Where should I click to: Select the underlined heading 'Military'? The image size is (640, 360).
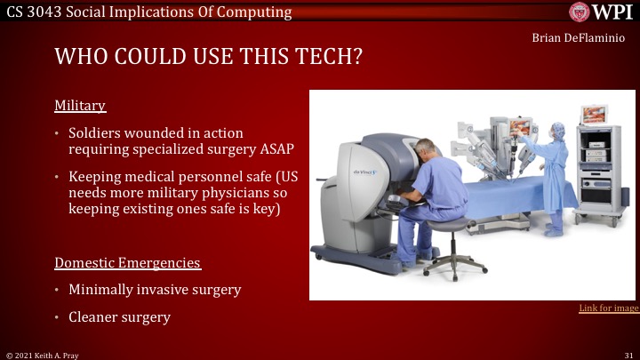pyautogui.click(x=80, y=106)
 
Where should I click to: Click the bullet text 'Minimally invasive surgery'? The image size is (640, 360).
pyautogui.click(x=155, y=290)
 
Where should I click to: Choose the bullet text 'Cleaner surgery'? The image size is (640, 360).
pyautogui.click(x=119, y=316)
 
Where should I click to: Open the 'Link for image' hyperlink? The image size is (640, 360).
pyautogui.click(x=608, y=308)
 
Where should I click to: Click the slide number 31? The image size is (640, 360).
pyautogui.click(x=628, y=354)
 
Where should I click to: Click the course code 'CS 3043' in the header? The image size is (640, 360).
pyautogui.click(x=36, y=11)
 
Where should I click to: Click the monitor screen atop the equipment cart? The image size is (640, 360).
pyautogui.click(x=593, y=115)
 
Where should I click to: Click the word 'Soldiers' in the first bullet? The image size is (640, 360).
pyautogui.click(x=95, y=132)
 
